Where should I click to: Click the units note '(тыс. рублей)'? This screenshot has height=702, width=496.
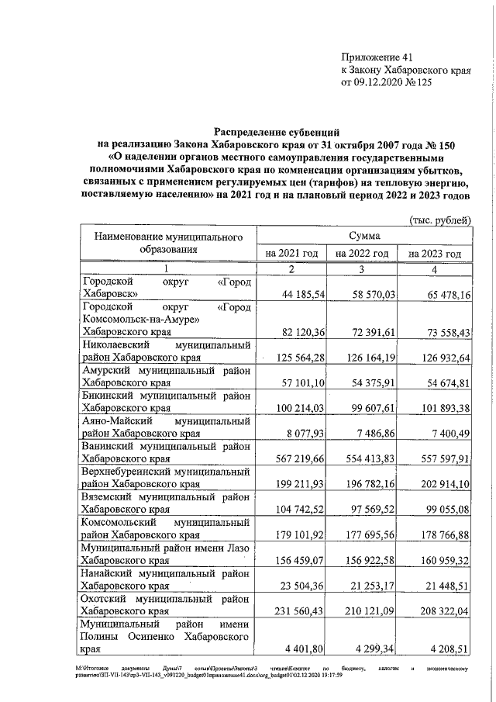pyautogui.click(x=440, y=220)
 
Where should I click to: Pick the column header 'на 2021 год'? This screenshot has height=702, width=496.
pyautogui.click(x=291, y=254)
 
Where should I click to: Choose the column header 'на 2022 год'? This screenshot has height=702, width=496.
pyautogui.click(x=361, y=254)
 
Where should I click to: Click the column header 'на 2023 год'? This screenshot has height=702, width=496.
pyautogui.click(x=435, y=254)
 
